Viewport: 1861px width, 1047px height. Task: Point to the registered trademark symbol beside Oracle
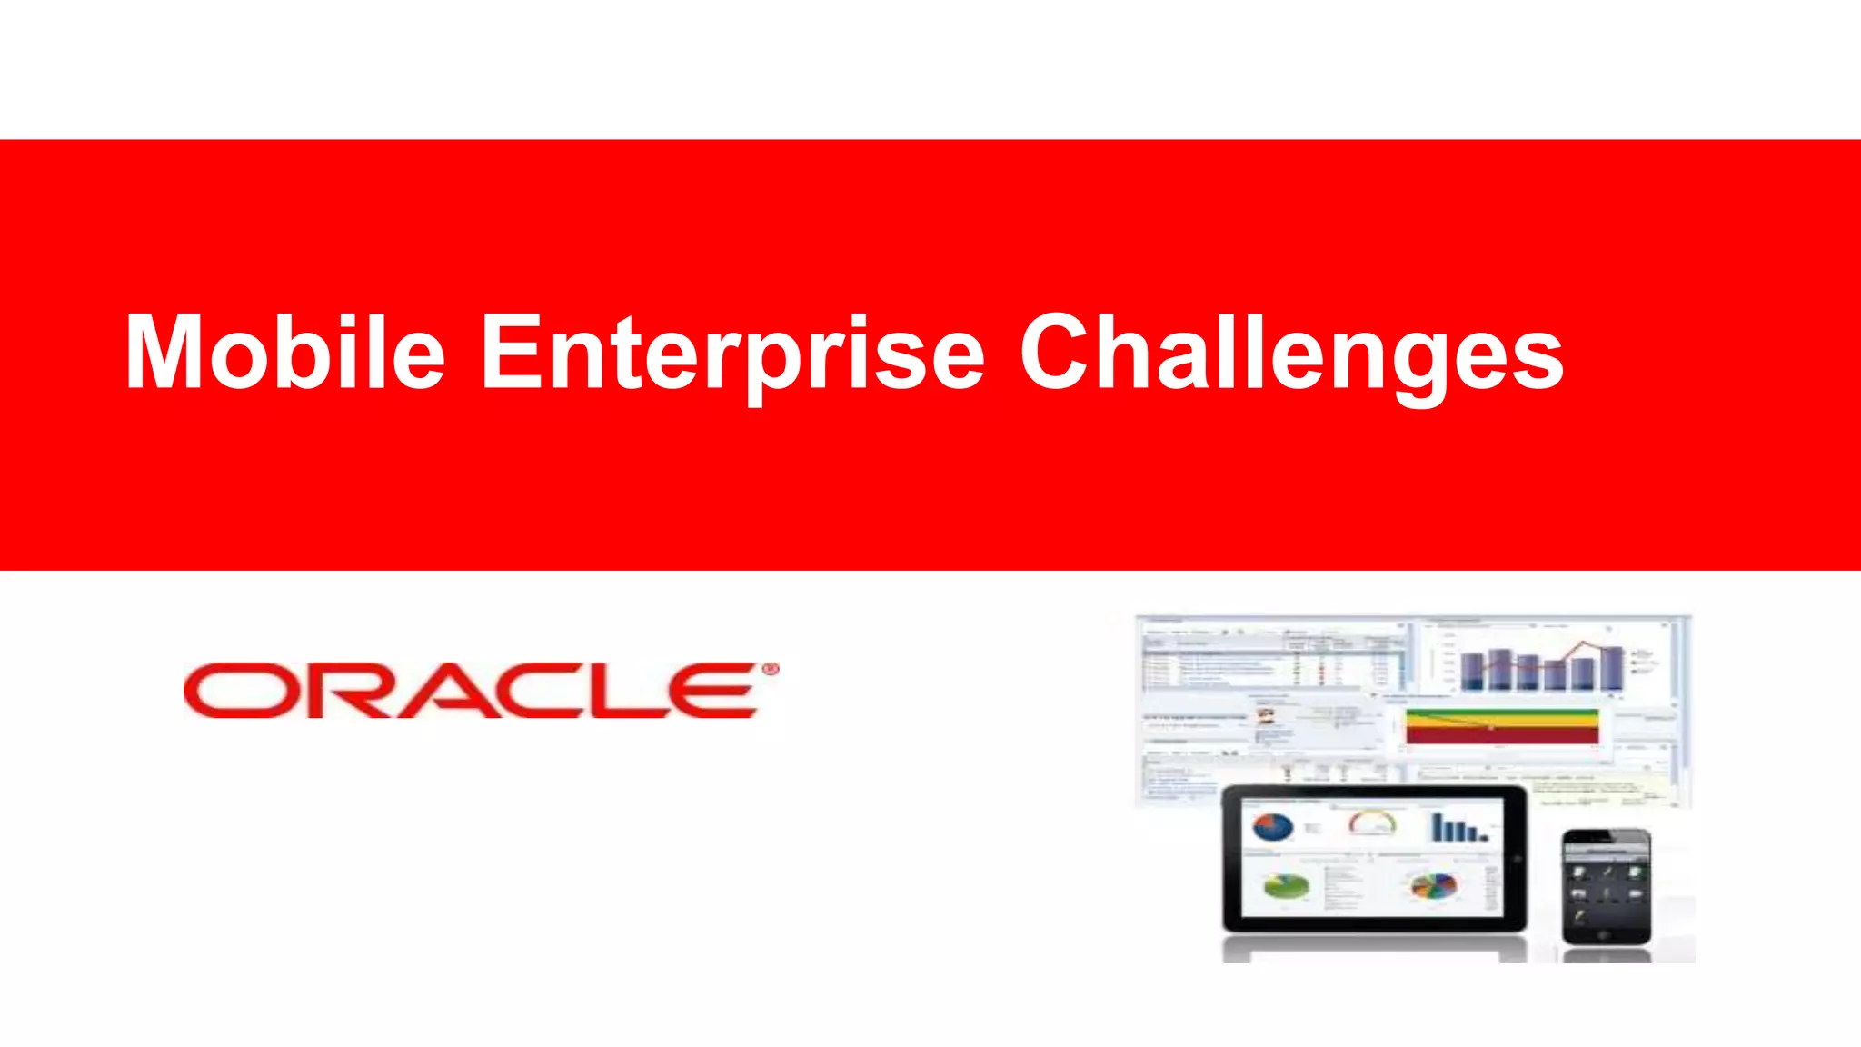tap(770, 670)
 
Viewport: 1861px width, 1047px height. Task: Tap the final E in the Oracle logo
tap(718, 691)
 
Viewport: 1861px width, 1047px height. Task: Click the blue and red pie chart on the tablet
tap(1272, 827)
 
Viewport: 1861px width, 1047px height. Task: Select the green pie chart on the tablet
tap(1287, 886)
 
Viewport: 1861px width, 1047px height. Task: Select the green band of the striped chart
tap(1501, 713)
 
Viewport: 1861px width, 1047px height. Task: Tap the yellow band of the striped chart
tap(1501, 723)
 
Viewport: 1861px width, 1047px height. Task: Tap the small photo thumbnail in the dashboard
tap(1266, 715)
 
